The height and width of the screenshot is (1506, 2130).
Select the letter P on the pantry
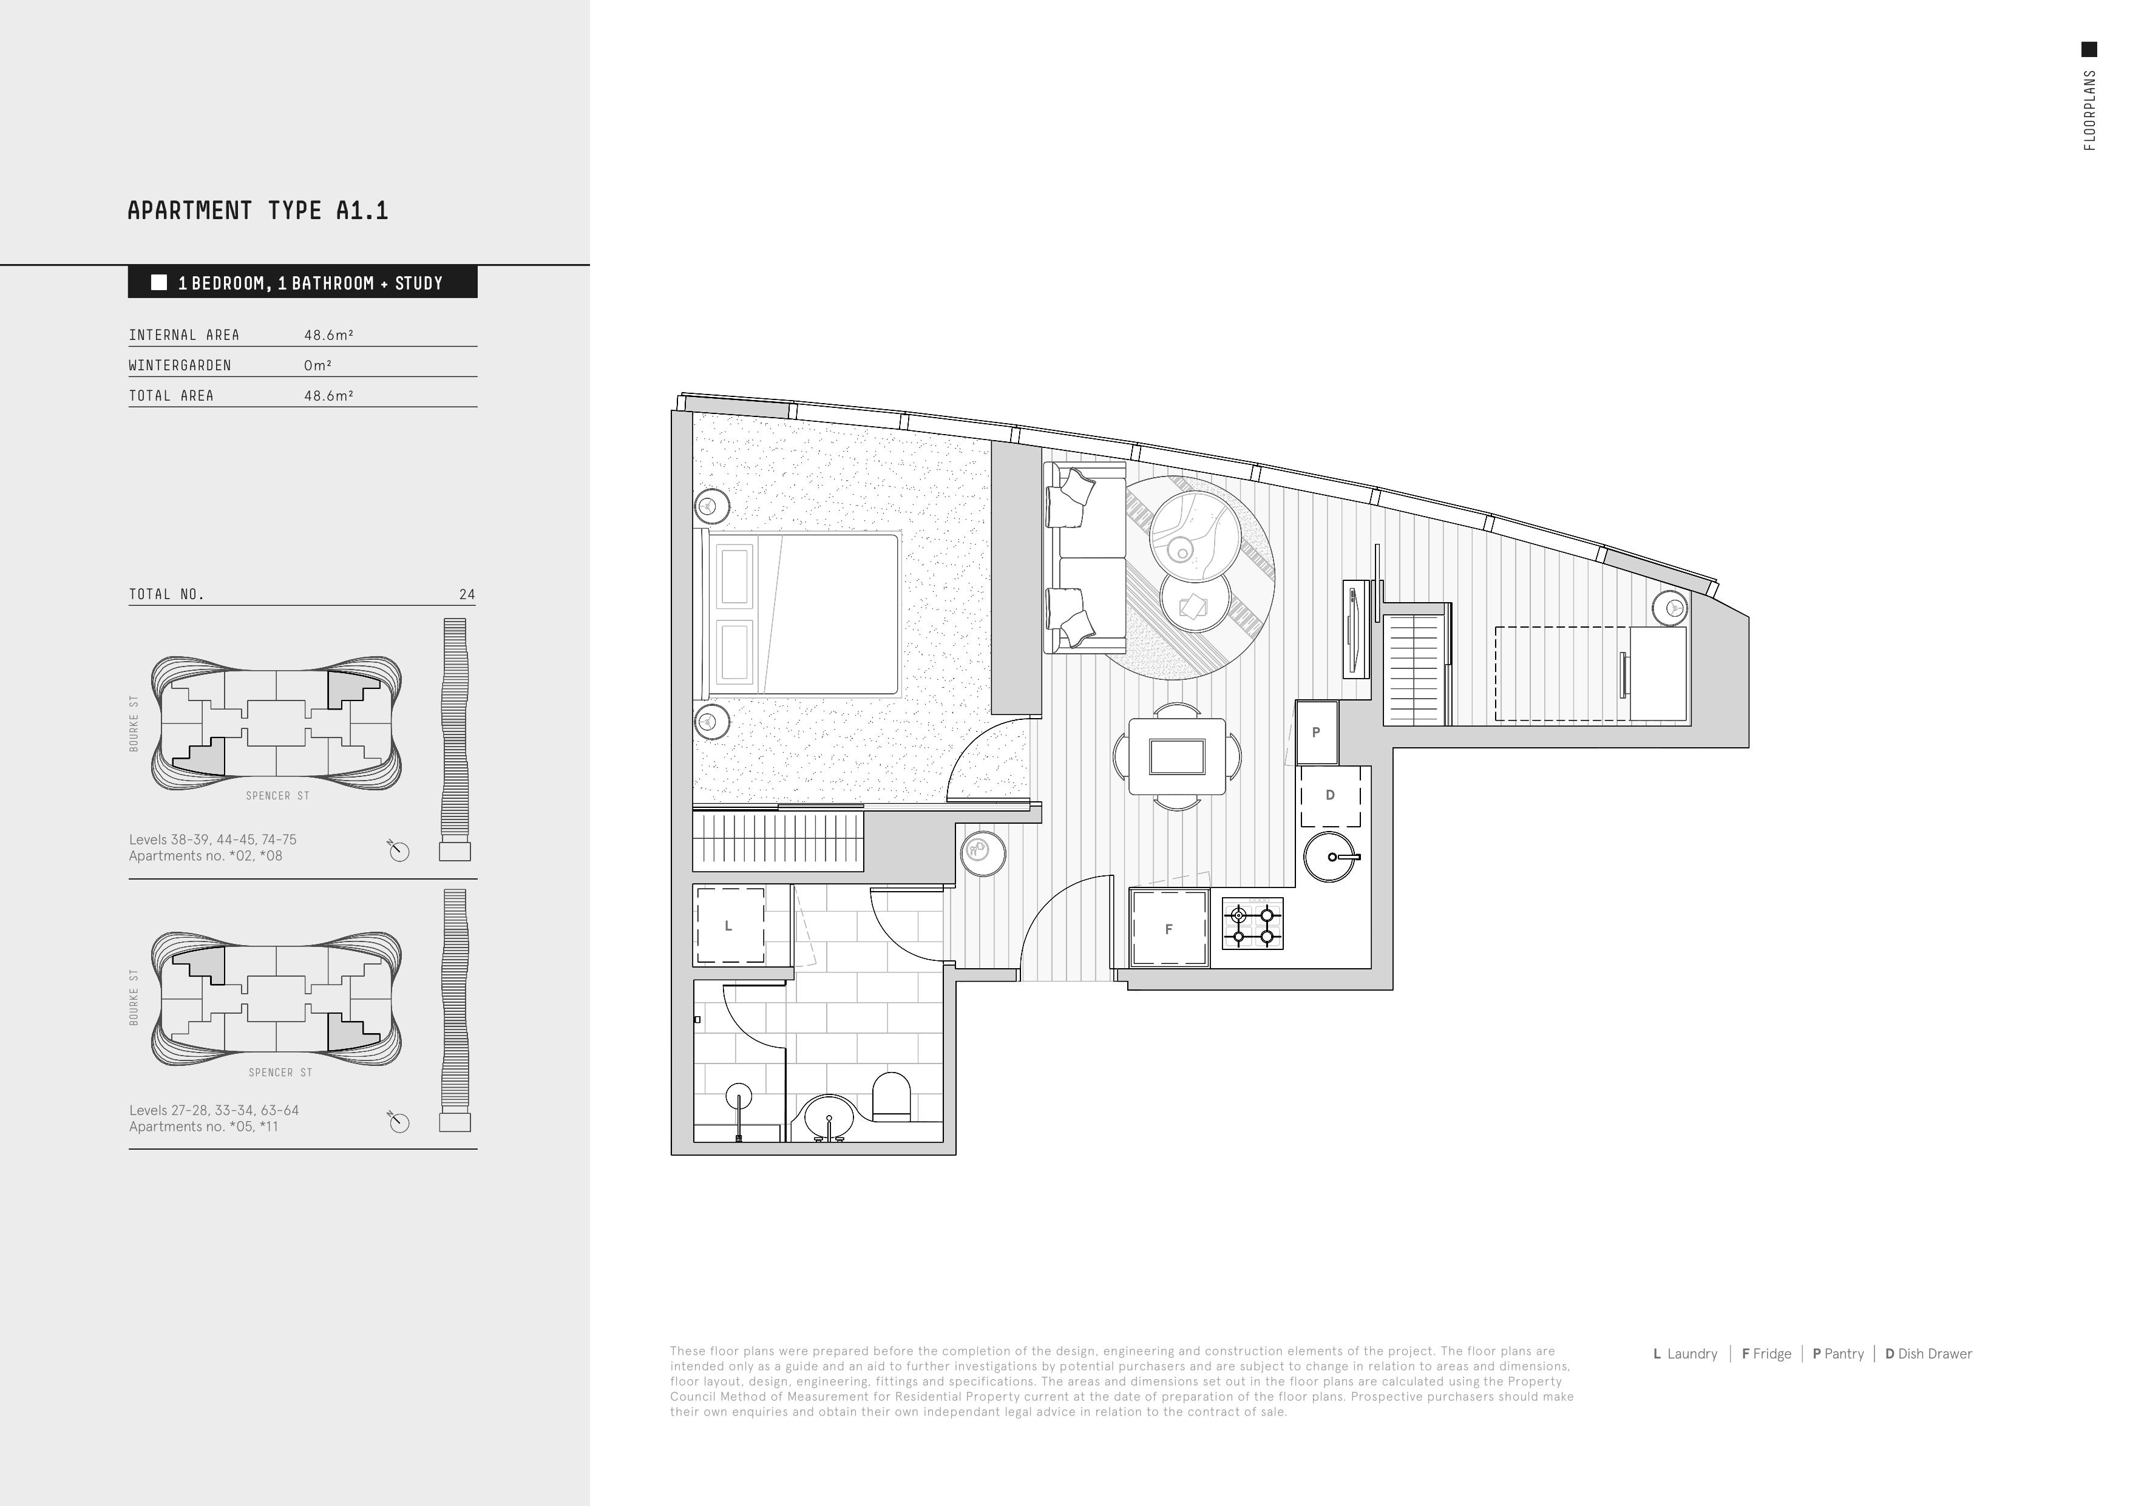click(1315, 732)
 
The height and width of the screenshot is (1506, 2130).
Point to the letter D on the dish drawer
click(1331, 795)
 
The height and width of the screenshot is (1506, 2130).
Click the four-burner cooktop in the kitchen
click(1252, 923)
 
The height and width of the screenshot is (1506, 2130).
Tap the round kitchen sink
click(1332, 856)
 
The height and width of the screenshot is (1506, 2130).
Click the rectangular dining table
click(1176, 756)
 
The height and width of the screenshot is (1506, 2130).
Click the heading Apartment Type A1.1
click(258, 211)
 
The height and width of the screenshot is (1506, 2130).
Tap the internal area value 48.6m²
click(328, 335)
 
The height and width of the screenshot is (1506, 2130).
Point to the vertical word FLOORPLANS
click(2089, 109)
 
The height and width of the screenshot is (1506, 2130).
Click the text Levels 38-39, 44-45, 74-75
click(212, 839)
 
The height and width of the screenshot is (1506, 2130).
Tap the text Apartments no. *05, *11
click(203, 1127)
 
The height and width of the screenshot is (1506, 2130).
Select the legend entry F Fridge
click(1766, 1354)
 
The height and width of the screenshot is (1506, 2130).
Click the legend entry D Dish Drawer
click(1928, 1354)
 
